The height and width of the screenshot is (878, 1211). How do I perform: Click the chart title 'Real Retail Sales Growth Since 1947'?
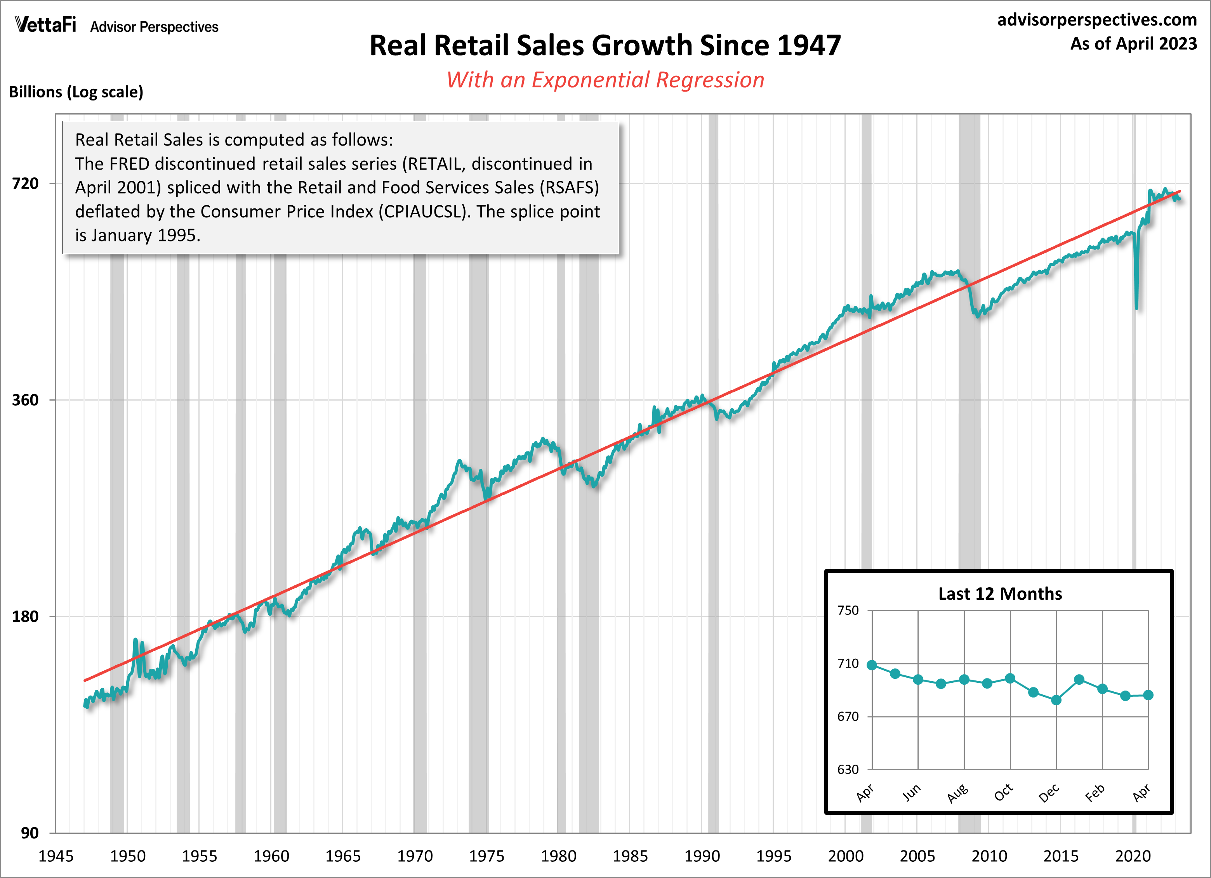point(605,45)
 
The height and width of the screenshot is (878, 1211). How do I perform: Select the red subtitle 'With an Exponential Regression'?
point(605,80)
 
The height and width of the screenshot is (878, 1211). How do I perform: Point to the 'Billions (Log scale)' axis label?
point(76,92)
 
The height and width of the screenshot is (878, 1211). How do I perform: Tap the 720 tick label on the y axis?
point(26,184)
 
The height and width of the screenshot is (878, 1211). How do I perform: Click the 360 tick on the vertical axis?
point(26,400)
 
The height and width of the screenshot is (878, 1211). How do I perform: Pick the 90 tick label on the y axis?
point(30,833)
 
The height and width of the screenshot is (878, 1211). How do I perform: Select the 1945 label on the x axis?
point(56,856)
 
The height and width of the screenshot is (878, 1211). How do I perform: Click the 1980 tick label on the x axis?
point(558,856)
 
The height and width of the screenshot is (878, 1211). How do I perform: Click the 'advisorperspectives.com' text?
point(1097,20)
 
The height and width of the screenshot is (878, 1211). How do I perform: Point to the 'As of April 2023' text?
point(1133,44)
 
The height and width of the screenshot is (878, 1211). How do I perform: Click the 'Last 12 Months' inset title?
point(1000,593)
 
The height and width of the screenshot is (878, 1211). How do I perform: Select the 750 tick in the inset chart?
point(848,610)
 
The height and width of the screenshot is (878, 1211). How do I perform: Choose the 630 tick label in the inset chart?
point(848,769)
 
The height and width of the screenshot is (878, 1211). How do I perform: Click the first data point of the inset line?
point(872,665)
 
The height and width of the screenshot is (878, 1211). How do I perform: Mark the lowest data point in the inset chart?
point(1056,700)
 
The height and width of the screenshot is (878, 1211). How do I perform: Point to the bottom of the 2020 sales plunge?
point(1136,307)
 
